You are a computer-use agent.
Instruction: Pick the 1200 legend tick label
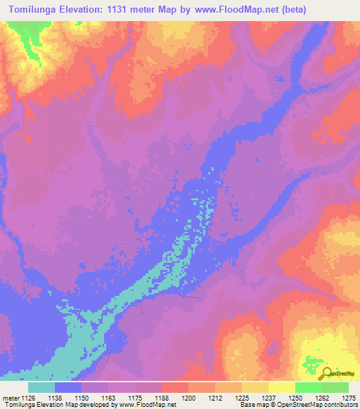point(188,398)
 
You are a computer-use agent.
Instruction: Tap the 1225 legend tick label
point(241,398)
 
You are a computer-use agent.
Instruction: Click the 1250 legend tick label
point(295,398)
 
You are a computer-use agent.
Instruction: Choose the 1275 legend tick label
point(347,398)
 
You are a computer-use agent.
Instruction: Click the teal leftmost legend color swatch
point(41,387)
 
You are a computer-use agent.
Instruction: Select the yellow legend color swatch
point(281,387)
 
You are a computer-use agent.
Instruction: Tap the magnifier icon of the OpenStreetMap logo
point(326,372)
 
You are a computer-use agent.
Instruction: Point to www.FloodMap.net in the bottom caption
point(147,405)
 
